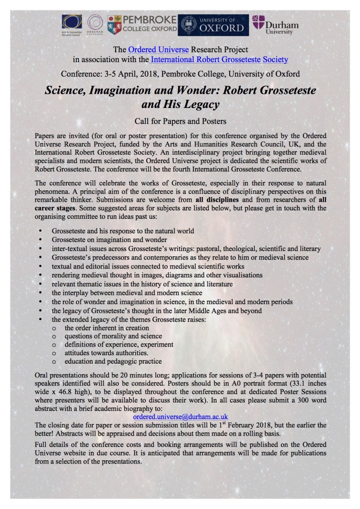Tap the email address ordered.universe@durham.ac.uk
pyautogui.click(x=180, y=417)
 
